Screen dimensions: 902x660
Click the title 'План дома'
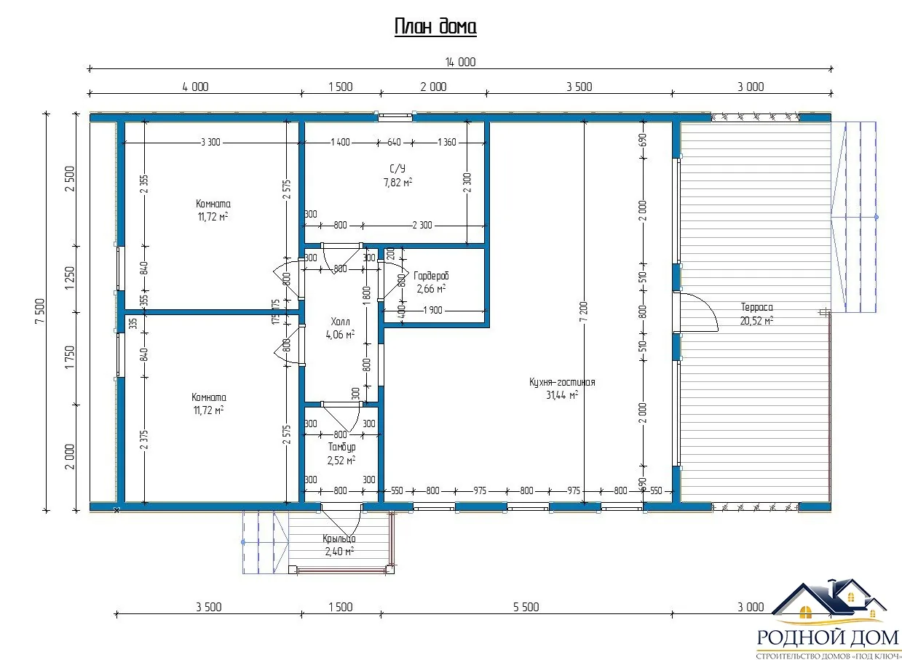coord(435,27)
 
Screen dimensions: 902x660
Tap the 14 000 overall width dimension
coord(460,62)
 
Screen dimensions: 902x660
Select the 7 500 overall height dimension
coord(40,311)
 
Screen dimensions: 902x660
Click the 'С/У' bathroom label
coord(397,169)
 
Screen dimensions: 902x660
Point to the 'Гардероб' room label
coord(431,276)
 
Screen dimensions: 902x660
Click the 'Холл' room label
coord(340,322)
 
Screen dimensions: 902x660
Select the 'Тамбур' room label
coord(341,447)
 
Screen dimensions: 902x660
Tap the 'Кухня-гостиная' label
coord(562,382)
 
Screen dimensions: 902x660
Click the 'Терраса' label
coord(756,307)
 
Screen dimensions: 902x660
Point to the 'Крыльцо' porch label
coord(339,538)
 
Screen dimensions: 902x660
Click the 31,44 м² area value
coord(562,395)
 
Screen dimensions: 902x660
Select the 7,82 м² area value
coord(397,183)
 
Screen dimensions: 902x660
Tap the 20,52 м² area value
coord(756,320)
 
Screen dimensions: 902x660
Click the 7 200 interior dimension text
coord(584,311)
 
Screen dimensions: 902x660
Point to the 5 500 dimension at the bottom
coord(526,607)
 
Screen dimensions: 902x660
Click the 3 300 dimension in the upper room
coord(210,142)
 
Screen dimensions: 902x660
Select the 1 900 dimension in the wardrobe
coord(433,310)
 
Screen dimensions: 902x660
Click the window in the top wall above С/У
coord(395,117)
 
